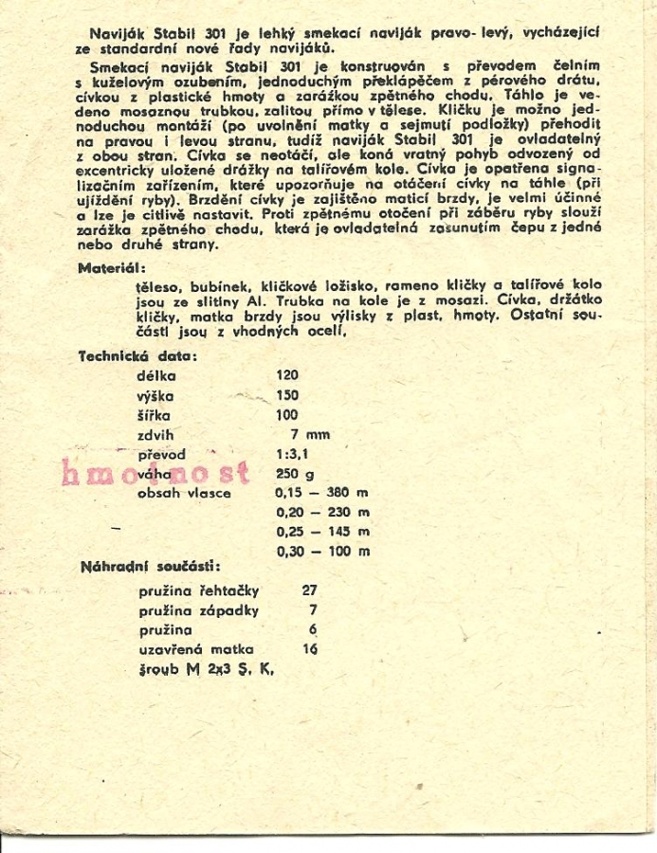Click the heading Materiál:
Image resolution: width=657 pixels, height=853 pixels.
point(109,269)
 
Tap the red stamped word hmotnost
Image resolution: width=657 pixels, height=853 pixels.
point(155,471)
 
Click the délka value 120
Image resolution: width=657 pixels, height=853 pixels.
point(286,375)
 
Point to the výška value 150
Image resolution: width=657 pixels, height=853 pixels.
point(286,395)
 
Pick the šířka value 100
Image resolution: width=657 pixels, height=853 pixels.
point(286,415)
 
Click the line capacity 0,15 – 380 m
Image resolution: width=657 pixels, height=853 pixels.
point(321,493)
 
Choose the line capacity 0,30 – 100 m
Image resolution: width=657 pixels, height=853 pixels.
point(321,551)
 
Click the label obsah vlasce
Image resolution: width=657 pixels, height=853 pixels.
point(185,493)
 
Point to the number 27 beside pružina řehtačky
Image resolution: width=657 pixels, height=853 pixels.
point(309,590)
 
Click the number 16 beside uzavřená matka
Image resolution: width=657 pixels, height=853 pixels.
point(309,649)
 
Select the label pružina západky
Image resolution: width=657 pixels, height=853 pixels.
point(198,609)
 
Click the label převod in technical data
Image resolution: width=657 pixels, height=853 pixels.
point(161,455)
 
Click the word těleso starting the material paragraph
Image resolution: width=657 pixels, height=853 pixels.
point(157,285)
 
